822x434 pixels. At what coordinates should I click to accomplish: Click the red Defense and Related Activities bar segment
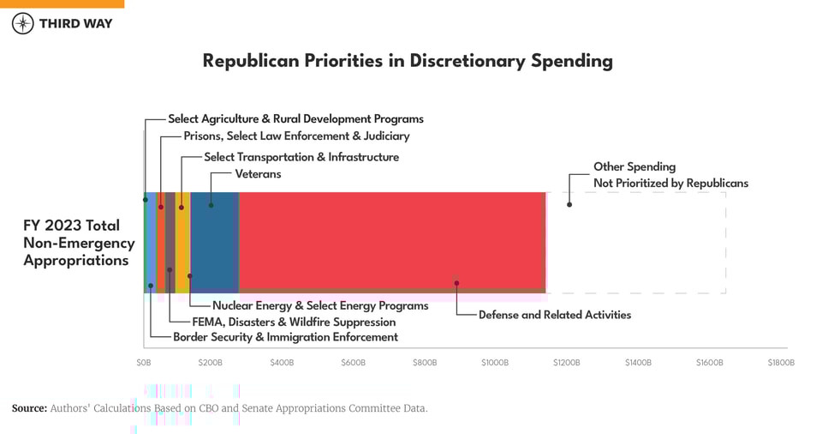click(391, 242)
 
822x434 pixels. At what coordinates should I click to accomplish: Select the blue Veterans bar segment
click(215, 242)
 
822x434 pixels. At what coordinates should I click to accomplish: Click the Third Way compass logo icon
click(23, 23)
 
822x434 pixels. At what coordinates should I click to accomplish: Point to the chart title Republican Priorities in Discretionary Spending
click(408, 61)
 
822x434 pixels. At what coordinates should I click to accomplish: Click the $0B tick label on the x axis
click(144, 363)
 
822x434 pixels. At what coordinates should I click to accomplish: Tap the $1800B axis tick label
click(780, 363)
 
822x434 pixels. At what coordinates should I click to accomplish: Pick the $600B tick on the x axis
click(353, 363)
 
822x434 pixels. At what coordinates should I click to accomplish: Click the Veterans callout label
click(258, 174)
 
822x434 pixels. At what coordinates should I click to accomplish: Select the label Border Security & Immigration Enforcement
click(285, 337)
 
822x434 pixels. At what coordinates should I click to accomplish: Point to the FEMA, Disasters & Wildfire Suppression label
click(294, 322)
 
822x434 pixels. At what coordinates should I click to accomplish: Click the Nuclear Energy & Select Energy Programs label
click(320, 305)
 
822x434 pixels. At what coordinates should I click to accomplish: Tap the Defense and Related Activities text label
click(554, 315)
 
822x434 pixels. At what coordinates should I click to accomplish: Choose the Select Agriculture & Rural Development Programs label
click(295, 119)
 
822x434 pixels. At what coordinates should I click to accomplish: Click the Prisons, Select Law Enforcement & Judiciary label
click(296, 136)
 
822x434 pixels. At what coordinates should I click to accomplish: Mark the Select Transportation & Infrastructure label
click(301, 157)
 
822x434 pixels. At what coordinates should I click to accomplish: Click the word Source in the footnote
click(29, 408)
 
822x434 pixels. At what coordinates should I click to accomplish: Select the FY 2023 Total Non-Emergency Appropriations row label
click(79, 243)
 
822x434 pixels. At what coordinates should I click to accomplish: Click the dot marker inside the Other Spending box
click(569, 204)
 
